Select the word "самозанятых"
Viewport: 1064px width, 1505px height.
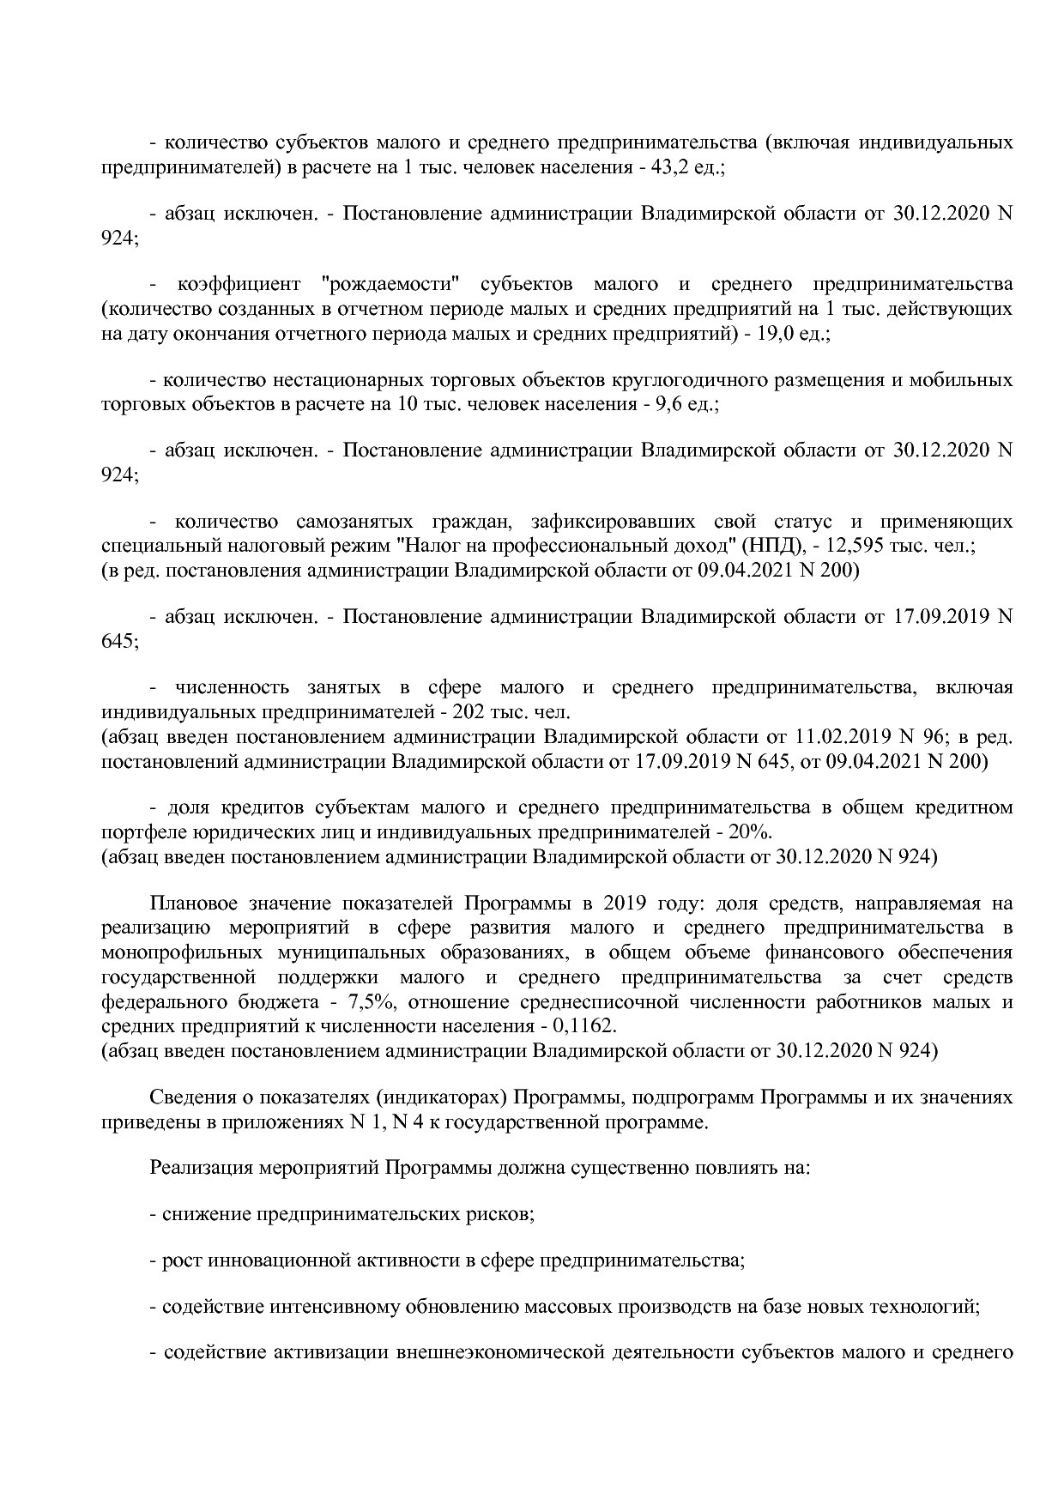point(349,522)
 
